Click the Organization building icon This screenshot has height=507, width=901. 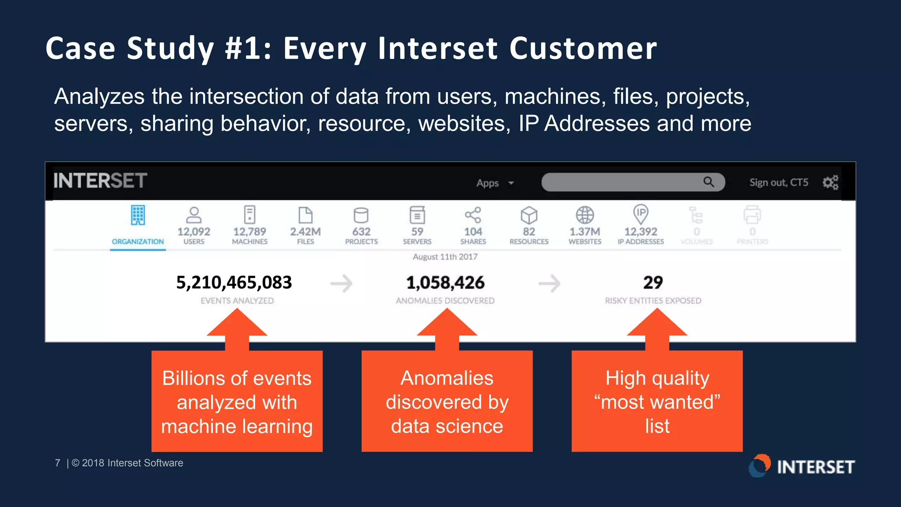pos(138,215)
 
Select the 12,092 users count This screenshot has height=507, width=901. pos(194,231)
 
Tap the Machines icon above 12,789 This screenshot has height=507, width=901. pos(249,215)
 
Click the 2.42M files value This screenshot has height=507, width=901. pos(305,231)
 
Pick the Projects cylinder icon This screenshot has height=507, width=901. pos(361,215)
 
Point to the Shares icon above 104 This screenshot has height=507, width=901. pos(473,215)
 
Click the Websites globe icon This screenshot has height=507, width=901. pos(585,215)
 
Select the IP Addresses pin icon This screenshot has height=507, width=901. pos(641,214)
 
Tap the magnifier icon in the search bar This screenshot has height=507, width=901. pos(708,182)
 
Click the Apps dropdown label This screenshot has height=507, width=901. pos(487,183)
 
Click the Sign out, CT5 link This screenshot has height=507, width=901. pos(779,182)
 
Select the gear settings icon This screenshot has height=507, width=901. pos(830,182)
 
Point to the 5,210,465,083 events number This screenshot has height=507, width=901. pos(234,283)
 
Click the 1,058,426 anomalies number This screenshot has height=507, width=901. pos(445,283)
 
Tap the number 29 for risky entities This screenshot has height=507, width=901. pos(653,283)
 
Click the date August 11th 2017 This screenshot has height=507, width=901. pos(445,257)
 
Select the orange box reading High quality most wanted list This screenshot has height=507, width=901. pos(657,401)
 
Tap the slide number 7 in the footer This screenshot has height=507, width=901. pos(58,463)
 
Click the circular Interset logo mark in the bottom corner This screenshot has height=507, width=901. pos(760,466)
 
